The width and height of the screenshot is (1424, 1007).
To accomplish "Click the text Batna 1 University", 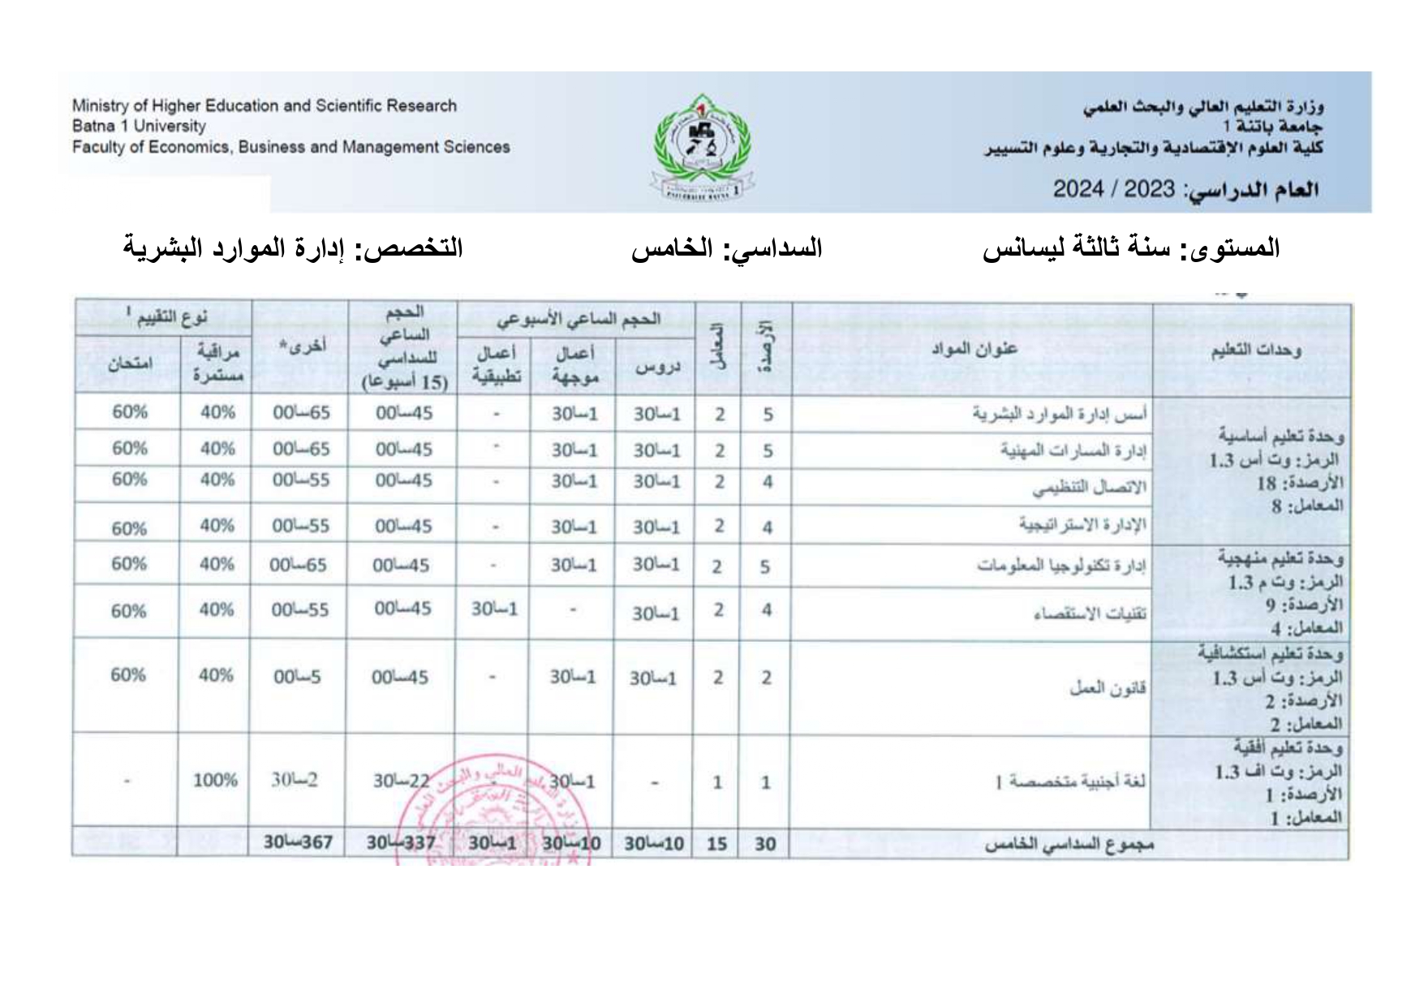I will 139,127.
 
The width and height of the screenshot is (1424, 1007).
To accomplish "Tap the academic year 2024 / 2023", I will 1113,190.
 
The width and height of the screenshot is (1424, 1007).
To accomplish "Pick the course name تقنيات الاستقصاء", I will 1090,613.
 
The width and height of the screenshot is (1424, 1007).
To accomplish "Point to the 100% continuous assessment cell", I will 215,781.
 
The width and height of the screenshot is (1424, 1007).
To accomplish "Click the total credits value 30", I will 765,844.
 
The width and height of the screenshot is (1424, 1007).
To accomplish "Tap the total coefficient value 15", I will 716,844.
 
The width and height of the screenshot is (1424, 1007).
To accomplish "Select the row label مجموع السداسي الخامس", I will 1069,845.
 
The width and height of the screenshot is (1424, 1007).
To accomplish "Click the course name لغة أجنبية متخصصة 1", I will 1070,782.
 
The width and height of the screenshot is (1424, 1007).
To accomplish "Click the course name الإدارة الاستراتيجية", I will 1082,524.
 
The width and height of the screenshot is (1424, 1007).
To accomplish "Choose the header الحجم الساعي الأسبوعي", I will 579,319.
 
